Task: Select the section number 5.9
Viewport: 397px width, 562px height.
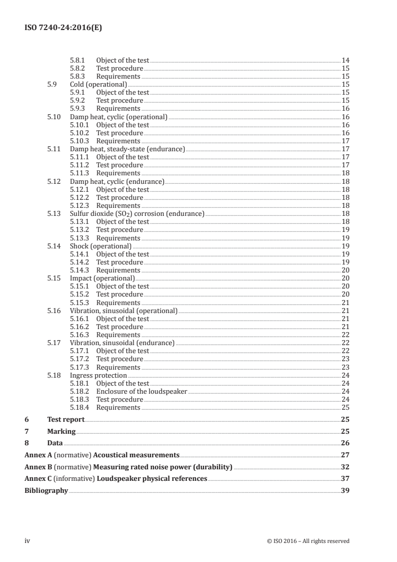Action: coord(52,84)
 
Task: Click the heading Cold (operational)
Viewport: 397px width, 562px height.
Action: coord(98,84)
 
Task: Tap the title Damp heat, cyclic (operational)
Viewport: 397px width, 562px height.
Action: coord(119,117)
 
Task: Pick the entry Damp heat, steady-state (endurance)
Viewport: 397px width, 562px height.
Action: coord(127,149)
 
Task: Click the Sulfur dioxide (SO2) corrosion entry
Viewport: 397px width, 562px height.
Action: coord(137,214)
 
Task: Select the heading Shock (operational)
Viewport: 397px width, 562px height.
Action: coord(101,246)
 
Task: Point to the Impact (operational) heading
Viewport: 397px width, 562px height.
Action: coord(102,278)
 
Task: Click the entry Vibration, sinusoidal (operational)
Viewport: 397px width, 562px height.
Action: coord(124,311)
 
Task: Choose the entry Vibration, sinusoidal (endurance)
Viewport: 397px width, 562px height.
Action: coord(122,343)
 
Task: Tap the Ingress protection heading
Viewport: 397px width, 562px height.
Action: coord(98,375)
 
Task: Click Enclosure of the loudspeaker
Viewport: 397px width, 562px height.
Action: coord(142,391)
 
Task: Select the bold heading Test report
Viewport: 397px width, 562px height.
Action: coord(66,420)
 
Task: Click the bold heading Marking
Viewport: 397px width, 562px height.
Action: coord(61,431)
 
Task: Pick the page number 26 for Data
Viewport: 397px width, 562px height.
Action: coord(345,443)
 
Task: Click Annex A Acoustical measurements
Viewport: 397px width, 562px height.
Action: coord(102,455)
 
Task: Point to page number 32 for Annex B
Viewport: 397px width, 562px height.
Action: coord(345,467)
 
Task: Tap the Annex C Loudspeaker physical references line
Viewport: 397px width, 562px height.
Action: coord(116,479)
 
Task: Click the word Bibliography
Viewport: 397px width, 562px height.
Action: coord(46,491)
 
